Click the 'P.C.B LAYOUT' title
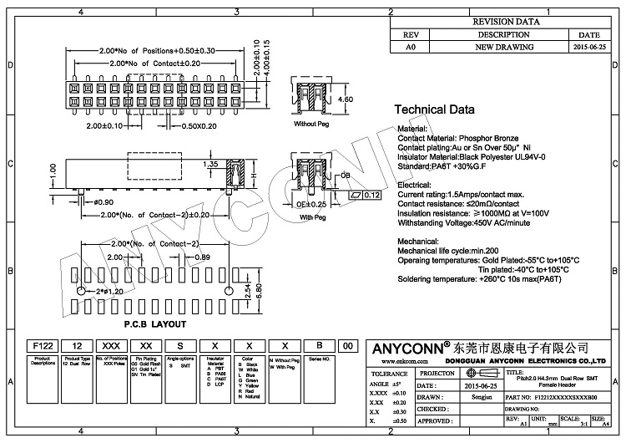pyautogui.click(x=155, y=323)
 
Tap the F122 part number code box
pyautogui.click(x=43, y=345)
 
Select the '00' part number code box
pyautogui.click(x=347, y=345)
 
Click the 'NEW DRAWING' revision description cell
pyautogui.click(x=499, y=48)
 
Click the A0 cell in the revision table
pyautogui.click(x=410, y=48)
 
